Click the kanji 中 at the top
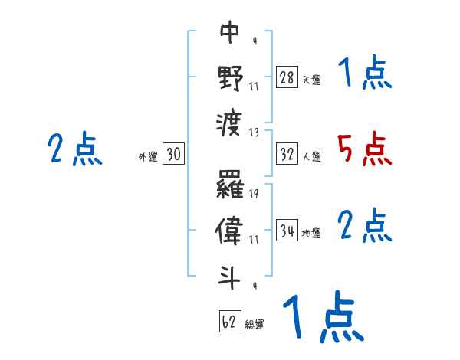(x=230, y=32)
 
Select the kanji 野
(x=230, y=77)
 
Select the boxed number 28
(x=287, y=77)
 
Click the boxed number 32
(x=287, y=154)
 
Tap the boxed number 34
(x=287, y=231)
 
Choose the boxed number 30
(x=173, y=155)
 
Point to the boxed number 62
(x=229, y=322)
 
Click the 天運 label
(x=310, y=80)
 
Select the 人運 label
(x=310, y=156)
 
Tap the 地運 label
(x=310, y=234)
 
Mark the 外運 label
(x=147, y=157)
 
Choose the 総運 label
(x=255, y=324)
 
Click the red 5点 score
(x=365, y=148)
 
